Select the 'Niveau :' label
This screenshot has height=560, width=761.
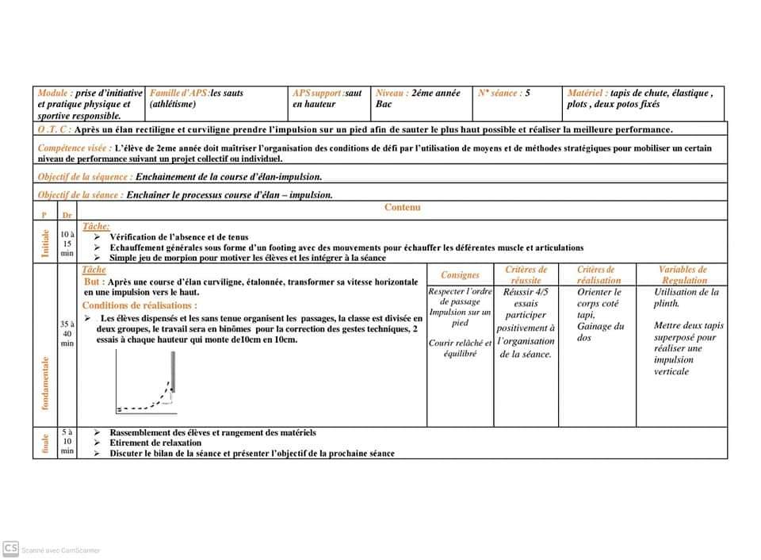coord(392,93)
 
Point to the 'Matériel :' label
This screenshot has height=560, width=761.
coord(587,93)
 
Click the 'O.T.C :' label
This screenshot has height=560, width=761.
coord(54,129)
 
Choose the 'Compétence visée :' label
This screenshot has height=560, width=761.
coord(75,148)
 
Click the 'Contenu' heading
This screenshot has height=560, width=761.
coord(403,208)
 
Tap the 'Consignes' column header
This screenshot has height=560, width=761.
coord(460,275)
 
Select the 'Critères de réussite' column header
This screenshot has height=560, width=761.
coord(526,275)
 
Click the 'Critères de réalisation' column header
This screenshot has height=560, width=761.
coord(596,275)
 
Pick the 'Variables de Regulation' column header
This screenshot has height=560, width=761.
coord(683,275)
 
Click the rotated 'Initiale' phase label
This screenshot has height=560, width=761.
coord(45,244)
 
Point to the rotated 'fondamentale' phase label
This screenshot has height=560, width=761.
coord(45,383)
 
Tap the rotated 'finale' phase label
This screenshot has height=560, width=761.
coord(45,443)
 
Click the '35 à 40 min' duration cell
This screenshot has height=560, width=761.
coord(67,334)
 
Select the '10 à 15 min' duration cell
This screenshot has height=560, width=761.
coord(67,244)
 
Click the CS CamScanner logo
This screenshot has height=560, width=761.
coord(11,548)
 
